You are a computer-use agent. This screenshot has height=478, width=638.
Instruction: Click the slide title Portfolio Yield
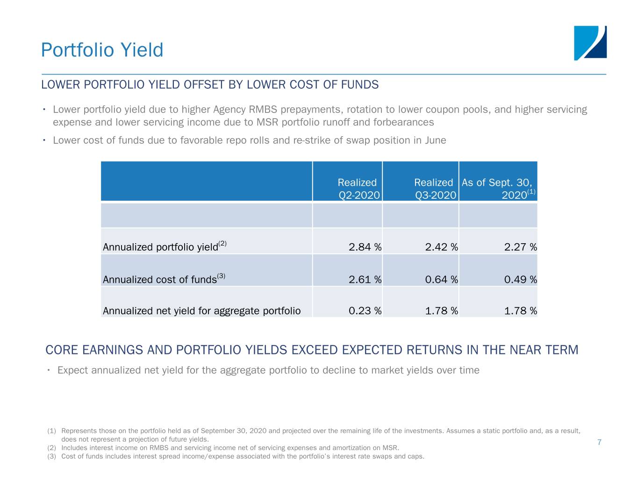pos(102,50)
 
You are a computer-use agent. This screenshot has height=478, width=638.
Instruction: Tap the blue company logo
pos(590,43)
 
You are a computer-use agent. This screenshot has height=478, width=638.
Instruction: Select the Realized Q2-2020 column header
pos(358,189)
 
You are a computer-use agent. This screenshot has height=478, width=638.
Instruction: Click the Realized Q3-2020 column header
pos(435,189)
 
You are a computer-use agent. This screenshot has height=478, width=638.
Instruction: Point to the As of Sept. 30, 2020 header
pos(498,189)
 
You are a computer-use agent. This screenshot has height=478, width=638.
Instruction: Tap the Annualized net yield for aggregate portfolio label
pos(201,311)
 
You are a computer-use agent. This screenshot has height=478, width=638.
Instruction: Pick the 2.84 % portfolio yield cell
pos(365,247)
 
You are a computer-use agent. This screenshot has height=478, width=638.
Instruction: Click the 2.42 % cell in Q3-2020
pos(441,247)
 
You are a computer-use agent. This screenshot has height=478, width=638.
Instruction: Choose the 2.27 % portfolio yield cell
pos(520,247)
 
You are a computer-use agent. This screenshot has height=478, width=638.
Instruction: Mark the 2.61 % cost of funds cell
pos(365,280)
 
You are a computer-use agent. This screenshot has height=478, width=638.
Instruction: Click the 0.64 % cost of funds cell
pos(441,280)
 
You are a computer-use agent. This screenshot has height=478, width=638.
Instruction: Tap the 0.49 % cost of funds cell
pos(520,280)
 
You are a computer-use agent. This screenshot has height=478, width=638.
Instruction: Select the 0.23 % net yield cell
pos(365,311)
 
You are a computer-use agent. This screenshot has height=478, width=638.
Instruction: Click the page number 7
pos(599,443)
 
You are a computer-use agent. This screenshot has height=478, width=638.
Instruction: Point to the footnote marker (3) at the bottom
pos(51,456)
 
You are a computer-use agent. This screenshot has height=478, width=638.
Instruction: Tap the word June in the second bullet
pos(435,141)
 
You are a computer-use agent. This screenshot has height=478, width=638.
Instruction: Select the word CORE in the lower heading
pos(62,350)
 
